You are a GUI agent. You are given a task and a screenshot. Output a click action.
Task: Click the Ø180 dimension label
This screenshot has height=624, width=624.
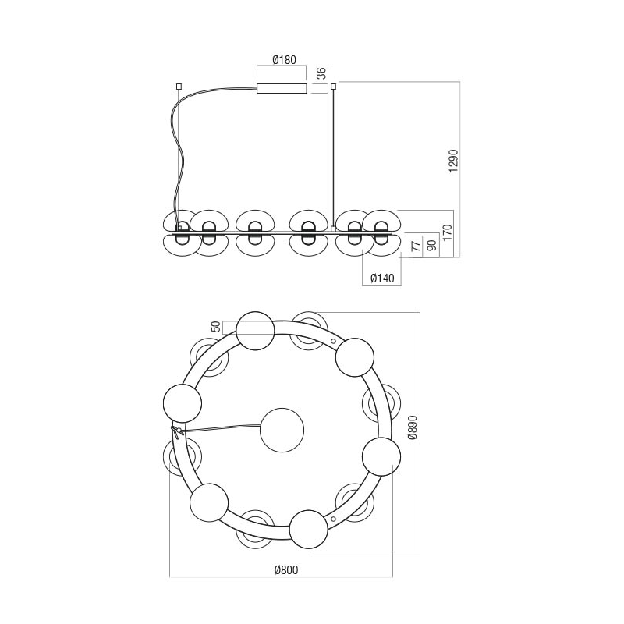tap(284, 60)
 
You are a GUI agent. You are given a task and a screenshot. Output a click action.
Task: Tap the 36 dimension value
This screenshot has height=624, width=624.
tap(321, 73)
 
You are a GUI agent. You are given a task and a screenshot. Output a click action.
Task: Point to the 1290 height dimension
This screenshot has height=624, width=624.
tap(453, 161)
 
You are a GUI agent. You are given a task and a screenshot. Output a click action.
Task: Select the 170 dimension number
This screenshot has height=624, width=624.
tap(448, 232)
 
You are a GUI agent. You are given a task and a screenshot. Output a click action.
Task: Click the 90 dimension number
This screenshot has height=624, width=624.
tap(432, 245)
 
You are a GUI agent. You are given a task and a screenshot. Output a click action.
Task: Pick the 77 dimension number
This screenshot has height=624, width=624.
tap(416, 246)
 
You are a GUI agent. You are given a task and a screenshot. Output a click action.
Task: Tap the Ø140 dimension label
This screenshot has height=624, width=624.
tap(382, 278)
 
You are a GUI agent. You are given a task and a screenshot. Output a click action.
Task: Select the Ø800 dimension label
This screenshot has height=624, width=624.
tap(286, 570)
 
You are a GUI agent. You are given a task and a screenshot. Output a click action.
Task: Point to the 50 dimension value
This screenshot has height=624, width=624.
tap(215, 327)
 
